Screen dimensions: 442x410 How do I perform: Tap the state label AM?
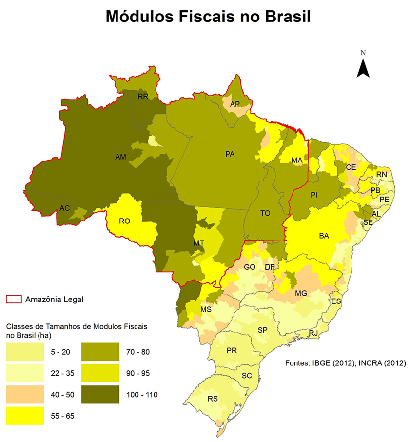click(x=120, y=157)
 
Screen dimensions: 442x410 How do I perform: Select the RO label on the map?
click(x=124, y=221)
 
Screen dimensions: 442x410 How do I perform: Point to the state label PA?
click(x=231, y=154)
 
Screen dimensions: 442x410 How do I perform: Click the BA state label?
click(x=324, y=236)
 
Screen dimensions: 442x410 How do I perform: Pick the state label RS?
click(x=213, y=399)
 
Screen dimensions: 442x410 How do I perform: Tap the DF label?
click(x=270, y=267)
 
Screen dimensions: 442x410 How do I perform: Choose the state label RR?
click(x=143, y=97)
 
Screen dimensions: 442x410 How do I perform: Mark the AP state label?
click(x=235, y=104)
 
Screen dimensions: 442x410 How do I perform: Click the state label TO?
click(x=266, y=213)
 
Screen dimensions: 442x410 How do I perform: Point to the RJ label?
click(x=313, y=333)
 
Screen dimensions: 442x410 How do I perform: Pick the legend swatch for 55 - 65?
click(x=24, y=416)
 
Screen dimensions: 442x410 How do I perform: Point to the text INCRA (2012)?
click(x=376, y=363)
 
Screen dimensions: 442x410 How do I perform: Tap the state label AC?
click(x=65, y=208)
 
